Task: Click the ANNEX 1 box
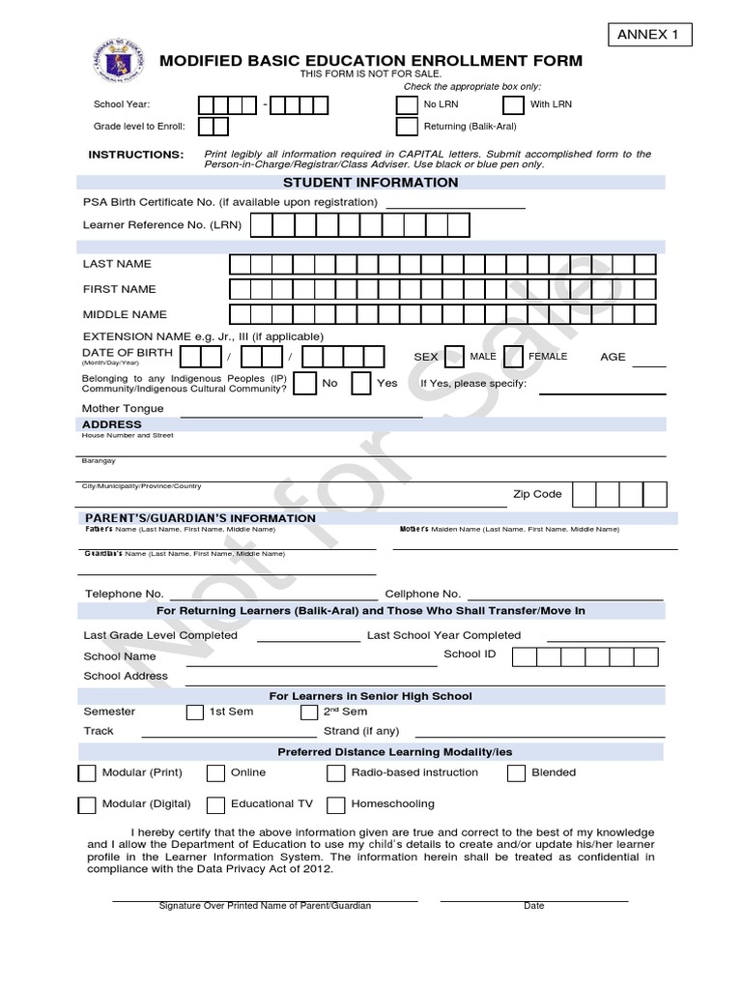[x=650, y=36]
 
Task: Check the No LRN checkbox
[x=407, y=104]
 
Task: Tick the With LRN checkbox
[x=513, y=104]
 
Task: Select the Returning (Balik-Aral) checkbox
[x=407, y=127]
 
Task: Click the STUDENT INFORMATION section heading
[x=371, y=183]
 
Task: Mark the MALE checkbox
[x=453, y=357]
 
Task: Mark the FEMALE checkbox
[x=514, y=357]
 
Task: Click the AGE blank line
[x=648, y=366]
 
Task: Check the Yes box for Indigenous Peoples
[x=361, y=384]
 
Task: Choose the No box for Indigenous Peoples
[x=304, y=384]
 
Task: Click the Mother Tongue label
[x=123, y=409]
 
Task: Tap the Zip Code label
[x=536, y=494]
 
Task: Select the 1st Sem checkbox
[x=194, y=713]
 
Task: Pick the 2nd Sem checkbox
[x=309, y=713]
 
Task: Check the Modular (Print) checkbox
[x=87, y=773]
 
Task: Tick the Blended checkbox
[x=516, y=773]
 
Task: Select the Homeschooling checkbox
[x=336, y=804]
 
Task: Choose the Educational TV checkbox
[x=216, y=804]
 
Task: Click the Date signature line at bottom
[x=533, y=899]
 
